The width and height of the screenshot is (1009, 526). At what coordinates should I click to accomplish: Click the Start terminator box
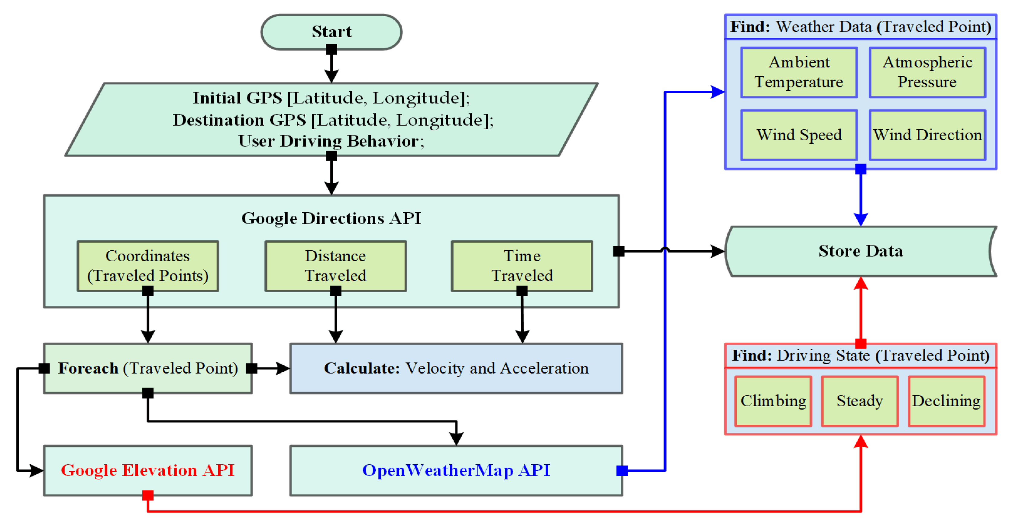(331, 32)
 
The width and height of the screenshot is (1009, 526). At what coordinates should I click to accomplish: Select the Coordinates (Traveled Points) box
(148, 266)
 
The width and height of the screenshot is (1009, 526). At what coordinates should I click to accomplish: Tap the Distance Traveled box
(336, 266)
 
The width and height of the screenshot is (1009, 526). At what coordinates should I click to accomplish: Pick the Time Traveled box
(522, 266)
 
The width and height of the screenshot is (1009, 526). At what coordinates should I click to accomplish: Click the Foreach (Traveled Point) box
(148, 368)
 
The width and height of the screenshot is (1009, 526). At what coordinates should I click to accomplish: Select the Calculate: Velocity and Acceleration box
(456, 368)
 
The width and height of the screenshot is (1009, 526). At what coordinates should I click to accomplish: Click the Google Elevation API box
(148, 470)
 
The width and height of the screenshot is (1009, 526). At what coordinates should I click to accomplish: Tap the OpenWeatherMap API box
(456, 470)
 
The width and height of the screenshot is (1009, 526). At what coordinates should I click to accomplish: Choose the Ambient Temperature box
(799, 73)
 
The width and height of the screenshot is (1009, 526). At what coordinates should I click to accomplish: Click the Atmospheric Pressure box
(927, 73)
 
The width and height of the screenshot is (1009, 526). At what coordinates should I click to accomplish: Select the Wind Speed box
(799, 135)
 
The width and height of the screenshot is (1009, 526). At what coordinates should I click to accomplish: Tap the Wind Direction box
(927, 135)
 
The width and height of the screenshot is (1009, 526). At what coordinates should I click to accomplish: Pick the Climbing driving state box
(773, 401)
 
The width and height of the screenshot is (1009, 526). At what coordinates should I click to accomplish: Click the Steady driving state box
(860, 401)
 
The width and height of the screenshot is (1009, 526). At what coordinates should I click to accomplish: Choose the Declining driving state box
(946, 401)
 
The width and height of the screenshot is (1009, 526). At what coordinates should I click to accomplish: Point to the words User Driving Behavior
(328, 141)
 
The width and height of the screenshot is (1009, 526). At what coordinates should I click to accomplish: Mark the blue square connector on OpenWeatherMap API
(622, 470)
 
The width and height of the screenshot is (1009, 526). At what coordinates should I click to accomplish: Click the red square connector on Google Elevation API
(148, 495)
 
